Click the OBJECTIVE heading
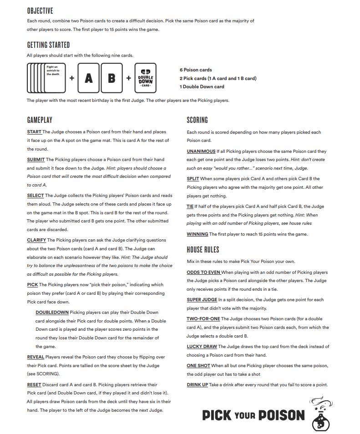[x=40, y=10]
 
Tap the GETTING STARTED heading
[x=48, y=45]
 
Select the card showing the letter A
[x=89, y=78]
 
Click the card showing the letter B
[x=112, y=78]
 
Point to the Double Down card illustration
[x=146, y=78]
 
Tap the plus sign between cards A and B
[x=100, y=78]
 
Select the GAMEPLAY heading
[x=40, y=120]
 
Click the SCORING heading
[x=197, y=120]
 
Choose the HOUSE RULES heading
[x=203, y=249]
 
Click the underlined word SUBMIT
[x=36, y=160]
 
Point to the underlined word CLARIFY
[x=36, y=240]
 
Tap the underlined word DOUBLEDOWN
[x=52, y=313]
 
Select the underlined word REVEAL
[x=35, y=357]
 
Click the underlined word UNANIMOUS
[x=201, y=151]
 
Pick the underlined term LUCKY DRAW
[x=202, y=347]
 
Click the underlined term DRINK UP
[x=197, y=384]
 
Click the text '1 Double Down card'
[x=202, y=86]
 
